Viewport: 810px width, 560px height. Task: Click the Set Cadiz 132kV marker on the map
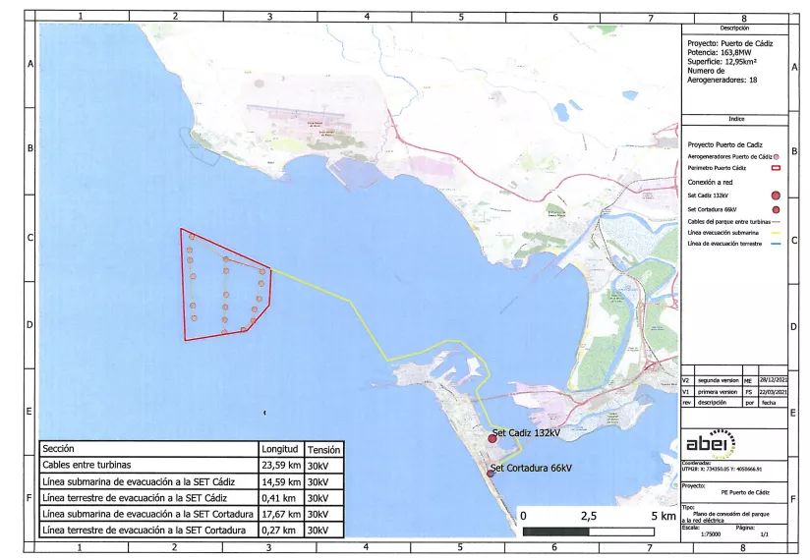tap(492, 438)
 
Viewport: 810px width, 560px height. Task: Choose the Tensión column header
tap(324, 449)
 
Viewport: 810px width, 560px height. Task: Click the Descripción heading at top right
tap(735, 28)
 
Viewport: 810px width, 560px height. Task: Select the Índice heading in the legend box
tap(735, 119)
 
